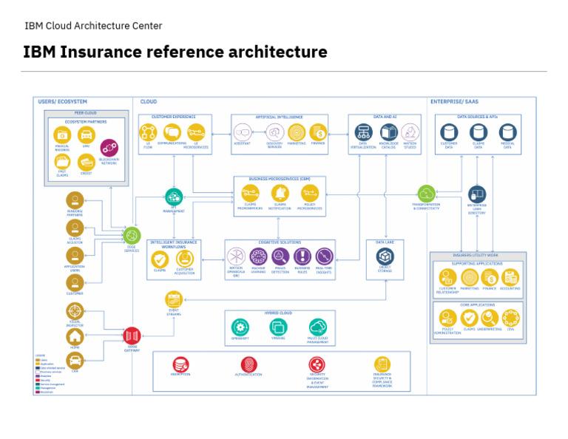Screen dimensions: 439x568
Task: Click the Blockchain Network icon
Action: pyautogui.click(x=109, y=148)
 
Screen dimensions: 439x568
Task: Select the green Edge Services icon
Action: pyautogui.click(x=132, y=236)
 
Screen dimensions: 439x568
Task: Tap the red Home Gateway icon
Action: pyautogui.click(x=132, y=335)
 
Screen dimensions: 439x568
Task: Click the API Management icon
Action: pyautogui.click(x=174, y=197)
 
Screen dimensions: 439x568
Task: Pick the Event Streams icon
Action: pyautogui.click(x=174, y=299)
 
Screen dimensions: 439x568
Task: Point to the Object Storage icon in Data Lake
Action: pyautogui.click(x=385, y=256)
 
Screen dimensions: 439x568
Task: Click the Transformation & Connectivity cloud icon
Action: pyautogui.click(x=426, y=194)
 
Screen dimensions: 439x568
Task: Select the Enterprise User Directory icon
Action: pyautogui.click(x=478, y=194)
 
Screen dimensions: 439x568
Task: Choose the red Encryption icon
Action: pyautogui.click(x=181, y=364)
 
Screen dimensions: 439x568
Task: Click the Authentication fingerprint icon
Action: pyautogui.click(x=248, y=364)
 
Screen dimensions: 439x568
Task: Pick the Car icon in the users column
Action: pyautogui.click(x=75, y=360)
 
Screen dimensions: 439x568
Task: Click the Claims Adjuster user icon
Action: pyautogui.click(x=75, y=228)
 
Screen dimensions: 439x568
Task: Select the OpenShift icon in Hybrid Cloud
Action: pyautogui.click(x=240, y=327)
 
